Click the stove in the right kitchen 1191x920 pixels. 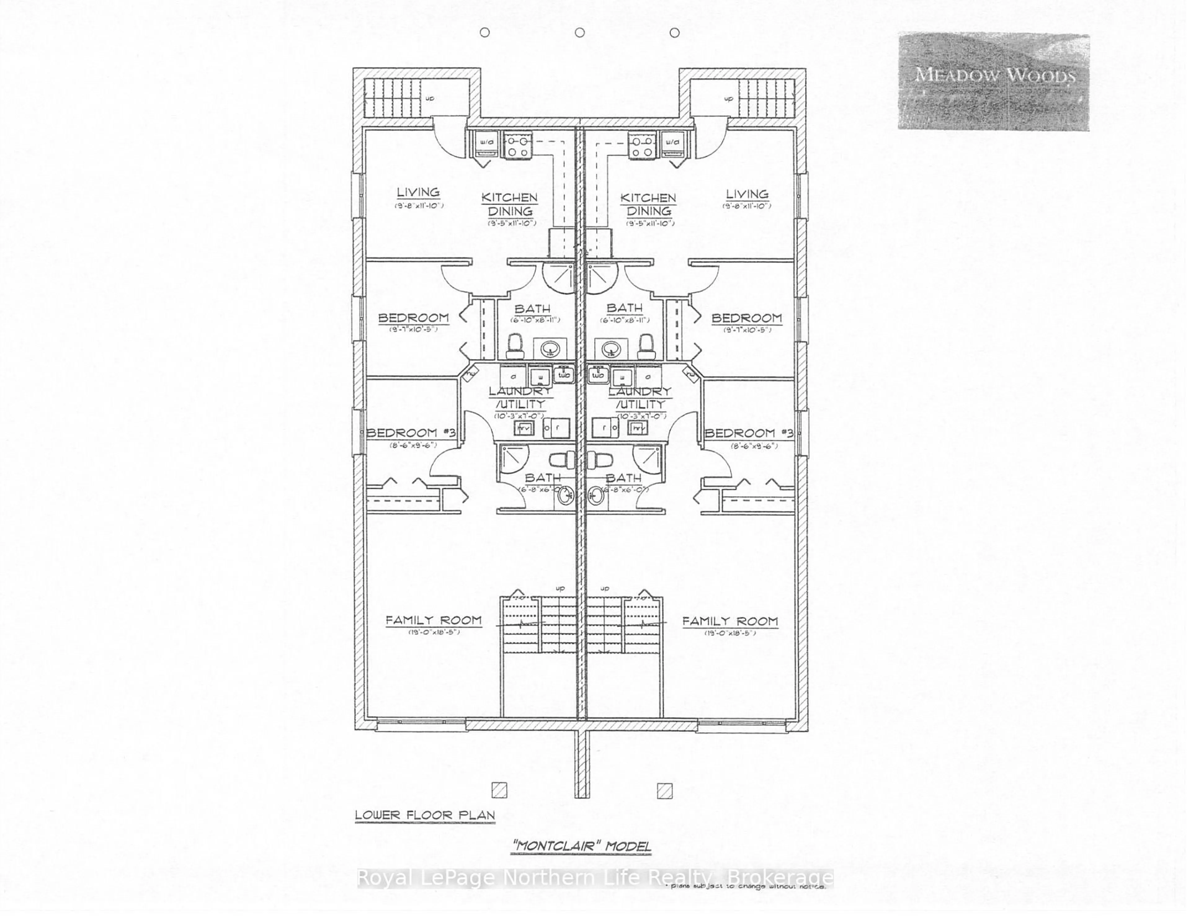point(641,146)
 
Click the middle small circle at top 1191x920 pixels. point(580,33)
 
